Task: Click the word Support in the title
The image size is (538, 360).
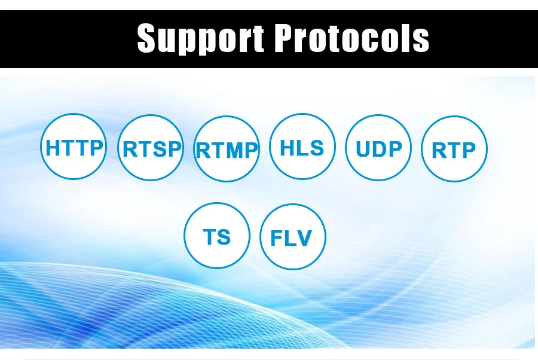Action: (x=201, y=38)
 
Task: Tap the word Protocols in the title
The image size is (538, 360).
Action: (x=351, y=38)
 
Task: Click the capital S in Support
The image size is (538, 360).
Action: (x=147, y=38)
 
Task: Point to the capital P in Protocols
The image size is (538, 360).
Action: (x=285, y=38)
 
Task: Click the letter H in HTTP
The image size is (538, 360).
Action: (x=52, y=148)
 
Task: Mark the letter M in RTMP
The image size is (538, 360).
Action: (x=234, y=150)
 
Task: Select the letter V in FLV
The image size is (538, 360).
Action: (x=304, y=238)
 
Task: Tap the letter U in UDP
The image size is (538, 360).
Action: (x=363, y=149)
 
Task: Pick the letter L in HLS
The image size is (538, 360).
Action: (x=301, y=148)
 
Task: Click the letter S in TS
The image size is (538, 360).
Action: (x=224, y=236)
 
